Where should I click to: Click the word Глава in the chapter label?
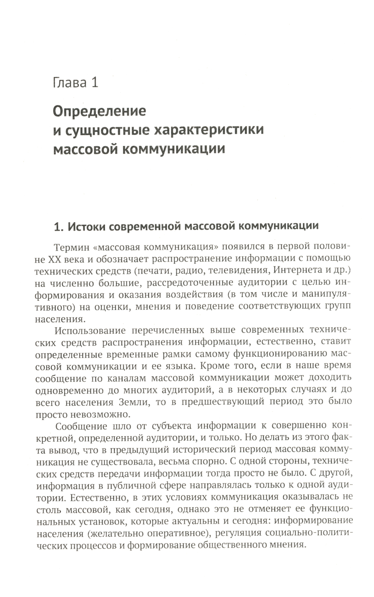70,82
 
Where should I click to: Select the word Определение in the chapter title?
99,111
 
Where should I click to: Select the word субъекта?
172,426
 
